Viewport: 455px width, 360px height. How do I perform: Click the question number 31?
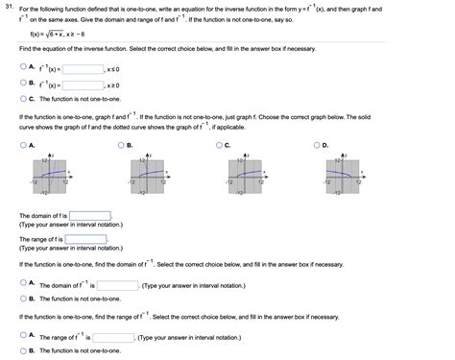(x=9, y=6)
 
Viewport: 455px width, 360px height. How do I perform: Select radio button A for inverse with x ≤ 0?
(x=23, y=69)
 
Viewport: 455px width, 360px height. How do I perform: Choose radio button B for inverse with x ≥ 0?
(x=23, y=84)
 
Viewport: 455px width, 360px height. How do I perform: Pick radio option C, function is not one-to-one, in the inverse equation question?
(x=23, y=98)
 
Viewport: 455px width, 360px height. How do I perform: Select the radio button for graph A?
(x=23, y=145)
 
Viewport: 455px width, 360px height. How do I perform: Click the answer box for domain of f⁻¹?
(x=118, y=285)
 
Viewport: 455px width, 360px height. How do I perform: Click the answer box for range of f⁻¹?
(x=112, y=338)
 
